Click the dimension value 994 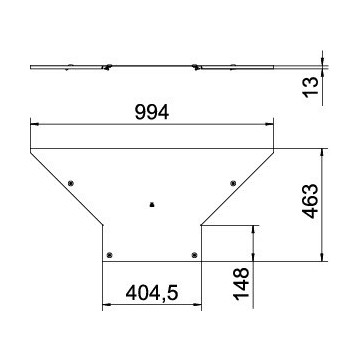coord(153,113)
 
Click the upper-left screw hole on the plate coord(71,182)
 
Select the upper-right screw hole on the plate coord(232,182)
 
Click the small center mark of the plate coord(151,205)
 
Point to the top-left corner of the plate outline coord(30,149)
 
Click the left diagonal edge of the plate coord(66,187)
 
